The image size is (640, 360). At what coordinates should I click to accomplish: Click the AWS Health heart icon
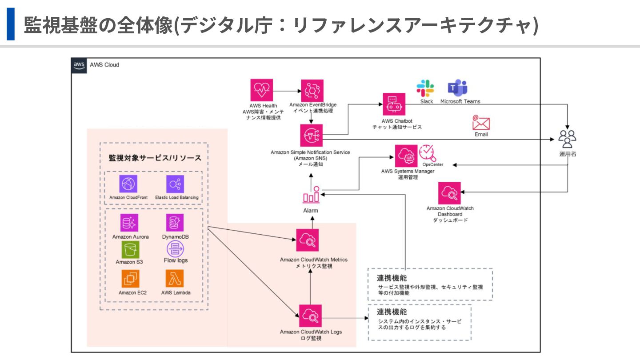pos(262,91)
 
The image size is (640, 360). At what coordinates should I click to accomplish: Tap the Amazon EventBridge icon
pos(312,91)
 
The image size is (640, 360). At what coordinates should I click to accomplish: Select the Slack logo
pos(425,88)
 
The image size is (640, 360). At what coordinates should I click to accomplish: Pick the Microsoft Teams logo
pos(458,88)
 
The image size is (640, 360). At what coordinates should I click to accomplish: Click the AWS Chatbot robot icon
pos(394,104)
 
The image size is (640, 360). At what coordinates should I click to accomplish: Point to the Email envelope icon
pos(481,122)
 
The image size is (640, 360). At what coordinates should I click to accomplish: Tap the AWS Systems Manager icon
pos(406,156)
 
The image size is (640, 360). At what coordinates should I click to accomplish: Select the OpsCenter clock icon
pos(428,153)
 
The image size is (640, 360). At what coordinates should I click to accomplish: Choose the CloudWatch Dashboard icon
pos(449,193)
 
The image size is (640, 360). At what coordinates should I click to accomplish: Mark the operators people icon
pos(568,139)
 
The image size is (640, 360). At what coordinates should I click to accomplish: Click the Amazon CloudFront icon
pos(128,184)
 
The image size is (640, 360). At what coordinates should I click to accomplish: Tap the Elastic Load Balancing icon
pos(175,184)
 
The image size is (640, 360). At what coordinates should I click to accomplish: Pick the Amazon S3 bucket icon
pos(129,249)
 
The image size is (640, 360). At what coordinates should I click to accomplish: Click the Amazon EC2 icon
pos(130,279)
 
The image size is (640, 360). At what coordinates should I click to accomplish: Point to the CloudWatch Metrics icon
pos(308,240)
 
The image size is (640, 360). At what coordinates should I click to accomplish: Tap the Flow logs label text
pos(176,260)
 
